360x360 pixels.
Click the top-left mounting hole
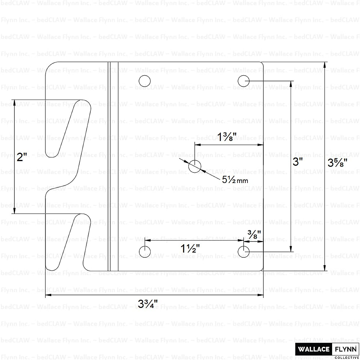coord(145,81)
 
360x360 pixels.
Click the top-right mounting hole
coord(244,81)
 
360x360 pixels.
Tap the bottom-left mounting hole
coord(145,252)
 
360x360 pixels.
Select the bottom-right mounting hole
coord(244,252)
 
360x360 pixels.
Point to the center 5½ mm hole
coord(195,166)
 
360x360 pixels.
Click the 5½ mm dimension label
coord(235,180)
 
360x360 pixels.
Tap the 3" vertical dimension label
coord(298,162)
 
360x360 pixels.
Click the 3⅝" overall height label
coord(337,163)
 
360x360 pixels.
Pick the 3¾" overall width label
coord(148,304)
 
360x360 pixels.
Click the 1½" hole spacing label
coord(190,248)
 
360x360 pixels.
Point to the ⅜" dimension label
coord(254,234)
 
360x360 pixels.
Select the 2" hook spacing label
coord(22,157)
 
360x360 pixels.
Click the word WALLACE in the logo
coord(313,349)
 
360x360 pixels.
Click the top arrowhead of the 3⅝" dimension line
coord(324,64)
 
